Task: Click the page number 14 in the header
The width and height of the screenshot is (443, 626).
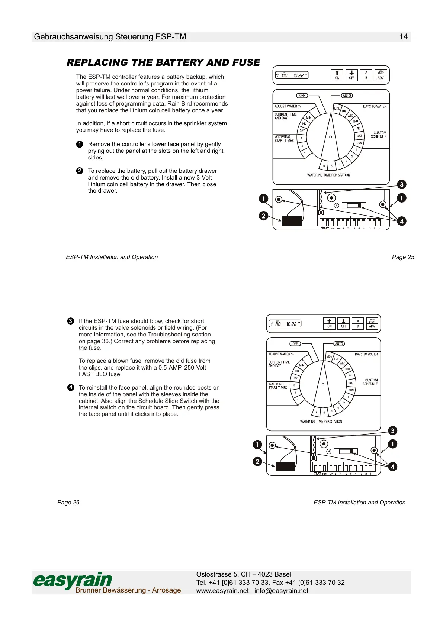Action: click(x=403, y=37)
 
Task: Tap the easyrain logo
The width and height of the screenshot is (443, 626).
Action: click(x=73, y=580)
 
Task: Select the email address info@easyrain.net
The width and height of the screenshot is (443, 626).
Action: click(x=281, y=591)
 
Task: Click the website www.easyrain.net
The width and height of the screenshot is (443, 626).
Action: click(x=222, y=591)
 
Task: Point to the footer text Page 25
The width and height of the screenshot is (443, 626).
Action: click(x=403, y=257)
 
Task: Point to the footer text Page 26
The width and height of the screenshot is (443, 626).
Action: click(x=68, y=503)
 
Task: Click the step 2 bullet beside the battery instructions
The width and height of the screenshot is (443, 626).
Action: click(x=80, y=171)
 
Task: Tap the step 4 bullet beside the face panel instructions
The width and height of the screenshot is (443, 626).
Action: click(x=71, y=388)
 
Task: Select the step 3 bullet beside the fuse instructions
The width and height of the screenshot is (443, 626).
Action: click(x=71, y=321)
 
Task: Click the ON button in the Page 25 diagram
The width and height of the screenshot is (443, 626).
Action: click(x=337, y=75)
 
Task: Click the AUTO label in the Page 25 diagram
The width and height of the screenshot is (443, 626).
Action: click(x=347, y=96)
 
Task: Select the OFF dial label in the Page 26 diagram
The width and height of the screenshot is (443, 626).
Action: click(x=295, y=344)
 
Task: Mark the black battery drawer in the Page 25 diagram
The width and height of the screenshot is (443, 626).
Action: click(x=292, y=221)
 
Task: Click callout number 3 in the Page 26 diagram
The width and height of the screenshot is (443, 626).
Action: click(x=392, y=431)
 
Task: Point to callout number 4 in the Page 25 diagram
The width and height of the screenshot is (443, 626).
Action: click(x=401, y=221)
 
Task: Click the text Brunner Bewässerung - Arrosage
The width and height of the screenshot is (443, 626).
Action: click(x=128, y=590)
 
